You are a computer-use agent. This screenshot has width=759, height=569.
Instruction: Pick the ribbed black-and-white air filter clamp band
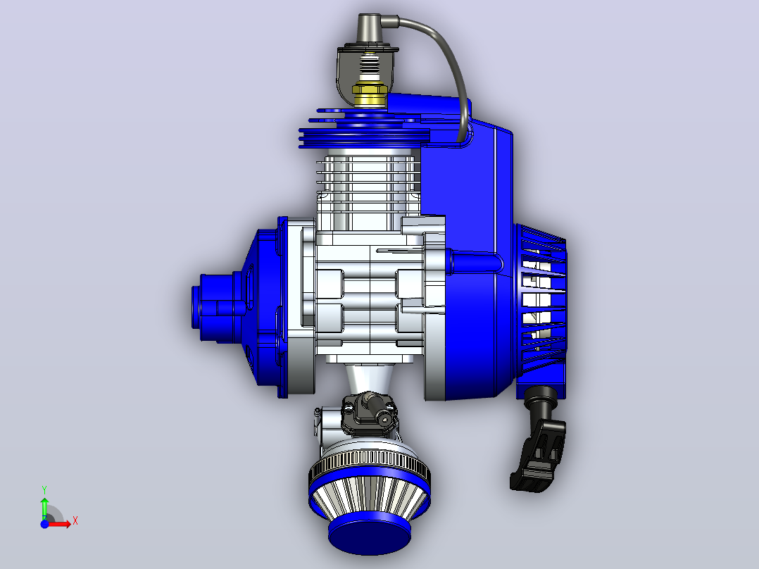coord(370,463)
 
